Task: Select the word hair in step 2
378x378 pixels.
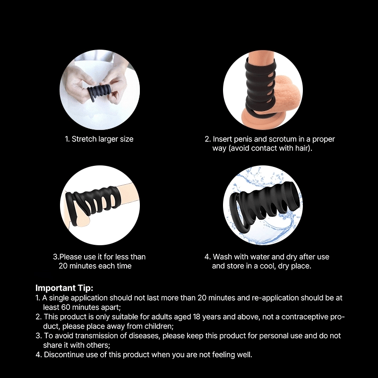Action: tap(302, 148)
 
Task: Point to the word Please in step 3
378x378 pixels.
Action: tap(70, 257)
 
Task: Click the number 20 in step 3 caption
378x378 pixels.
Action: tap(63, 266)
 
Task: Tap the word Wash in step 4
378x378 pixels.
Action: tap(222, 257)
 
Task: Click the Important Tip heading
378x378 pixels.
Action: tap(64, 288)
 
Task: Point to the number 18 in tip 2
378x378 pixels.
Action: tap(197, 317)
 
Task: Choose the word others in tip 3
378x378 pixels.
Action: tap(98, 345)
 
